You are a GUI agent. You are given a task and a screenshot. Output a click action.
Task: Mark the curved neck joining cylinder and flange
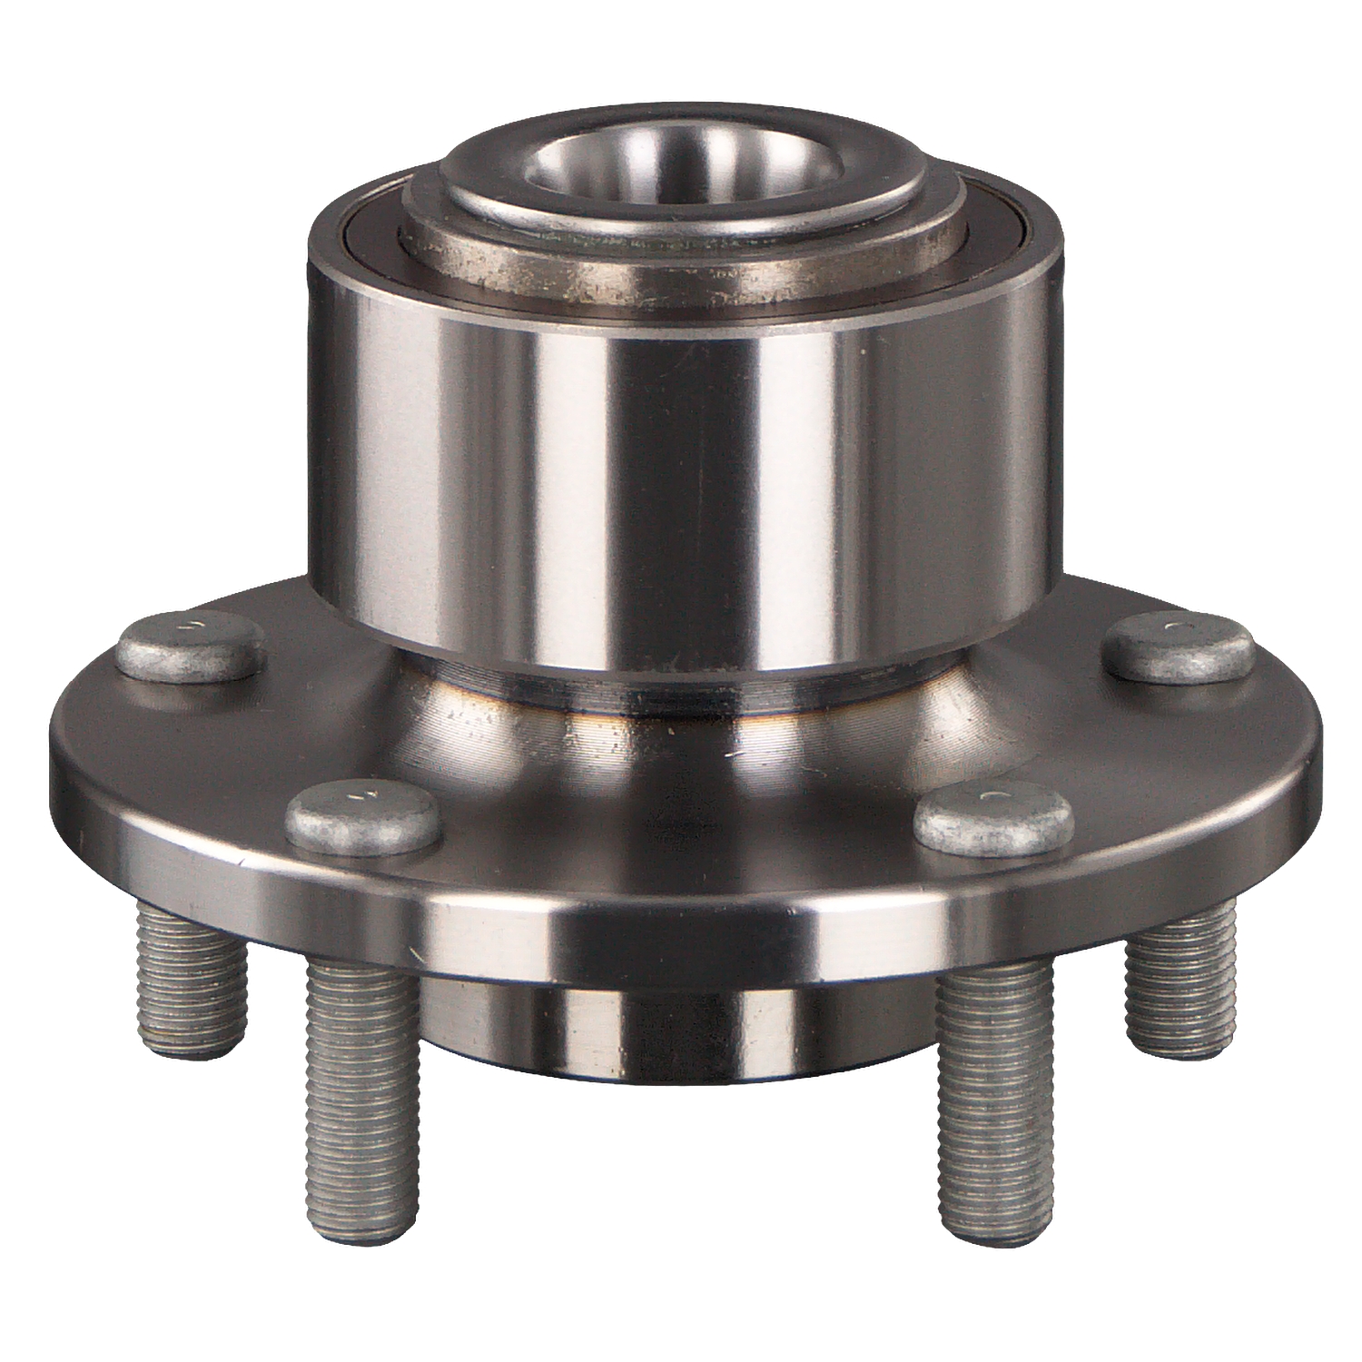coord(681,717)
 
